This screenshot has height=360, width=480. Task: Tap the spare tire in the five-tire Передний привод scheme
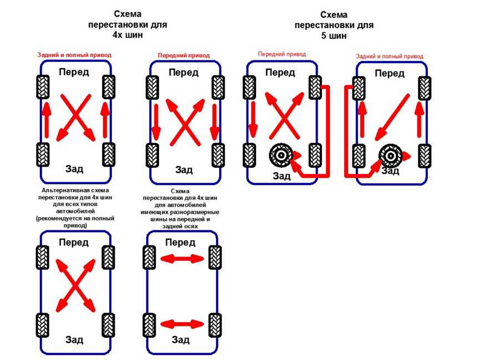[x=280, y=156]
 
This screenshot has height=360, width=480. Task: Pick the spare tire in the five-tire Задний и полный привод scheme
[x=390, y=156]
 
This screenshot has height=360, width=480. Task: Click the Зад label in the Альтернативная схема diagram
[x=74, y=340]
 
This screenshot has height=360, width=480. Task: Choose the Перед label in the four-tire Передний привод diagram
[x=183, y=73]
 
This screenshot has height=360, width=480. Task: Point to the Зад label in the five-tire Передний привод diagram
[x=281, y=176]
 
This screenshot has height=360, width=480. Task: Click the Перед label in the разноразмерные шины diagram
[x=180, y=243]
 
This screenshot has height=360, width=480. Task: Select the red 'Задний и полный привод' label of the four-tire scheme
[x=74, y=55]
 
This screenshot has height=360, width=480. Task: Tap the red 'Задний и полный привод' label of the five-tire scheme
[x=389, y=56]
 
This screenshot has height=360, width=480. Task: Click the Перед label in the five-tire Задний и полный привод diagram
[x=390, y=73]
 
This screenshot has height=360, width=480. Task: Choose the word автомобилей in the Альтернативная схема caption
[x=74, y=212]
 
